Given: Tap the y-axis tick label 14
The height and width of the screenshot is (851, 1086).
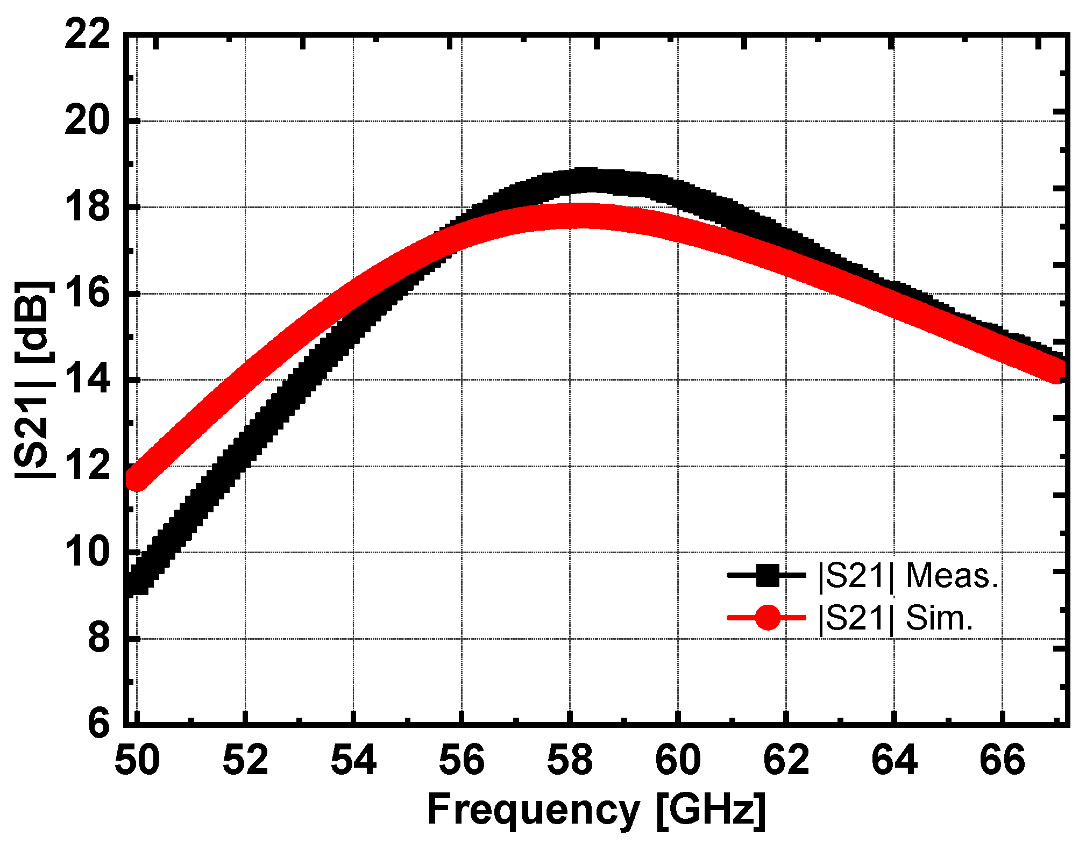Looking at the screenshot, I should click(87, 380).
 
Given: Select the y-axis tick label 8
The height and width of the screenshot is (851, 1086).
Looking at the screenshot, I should click(98, 639).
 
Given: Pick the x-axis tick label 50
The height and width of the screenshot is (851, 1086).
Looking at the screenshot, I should click(137, 761).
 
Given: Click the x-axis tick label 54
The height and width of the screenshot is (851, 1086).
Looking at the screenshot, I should click(353, 761).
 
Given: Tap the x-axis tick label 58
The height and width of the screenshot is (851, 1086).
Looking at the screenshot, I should click(570, 761).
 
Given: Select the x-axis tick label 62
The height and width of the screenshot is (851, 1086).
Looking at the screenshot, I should click(786, 761).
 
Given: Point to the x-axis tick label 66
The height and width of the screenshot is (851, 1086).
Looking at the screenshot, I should click(1002, 761).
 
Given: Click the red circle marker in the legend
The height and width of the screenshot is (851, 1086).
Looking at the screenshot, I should click(767, 618).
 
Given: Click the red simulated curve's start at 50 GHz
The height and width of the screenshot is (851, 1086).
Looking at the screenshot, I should click(137, 478).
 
